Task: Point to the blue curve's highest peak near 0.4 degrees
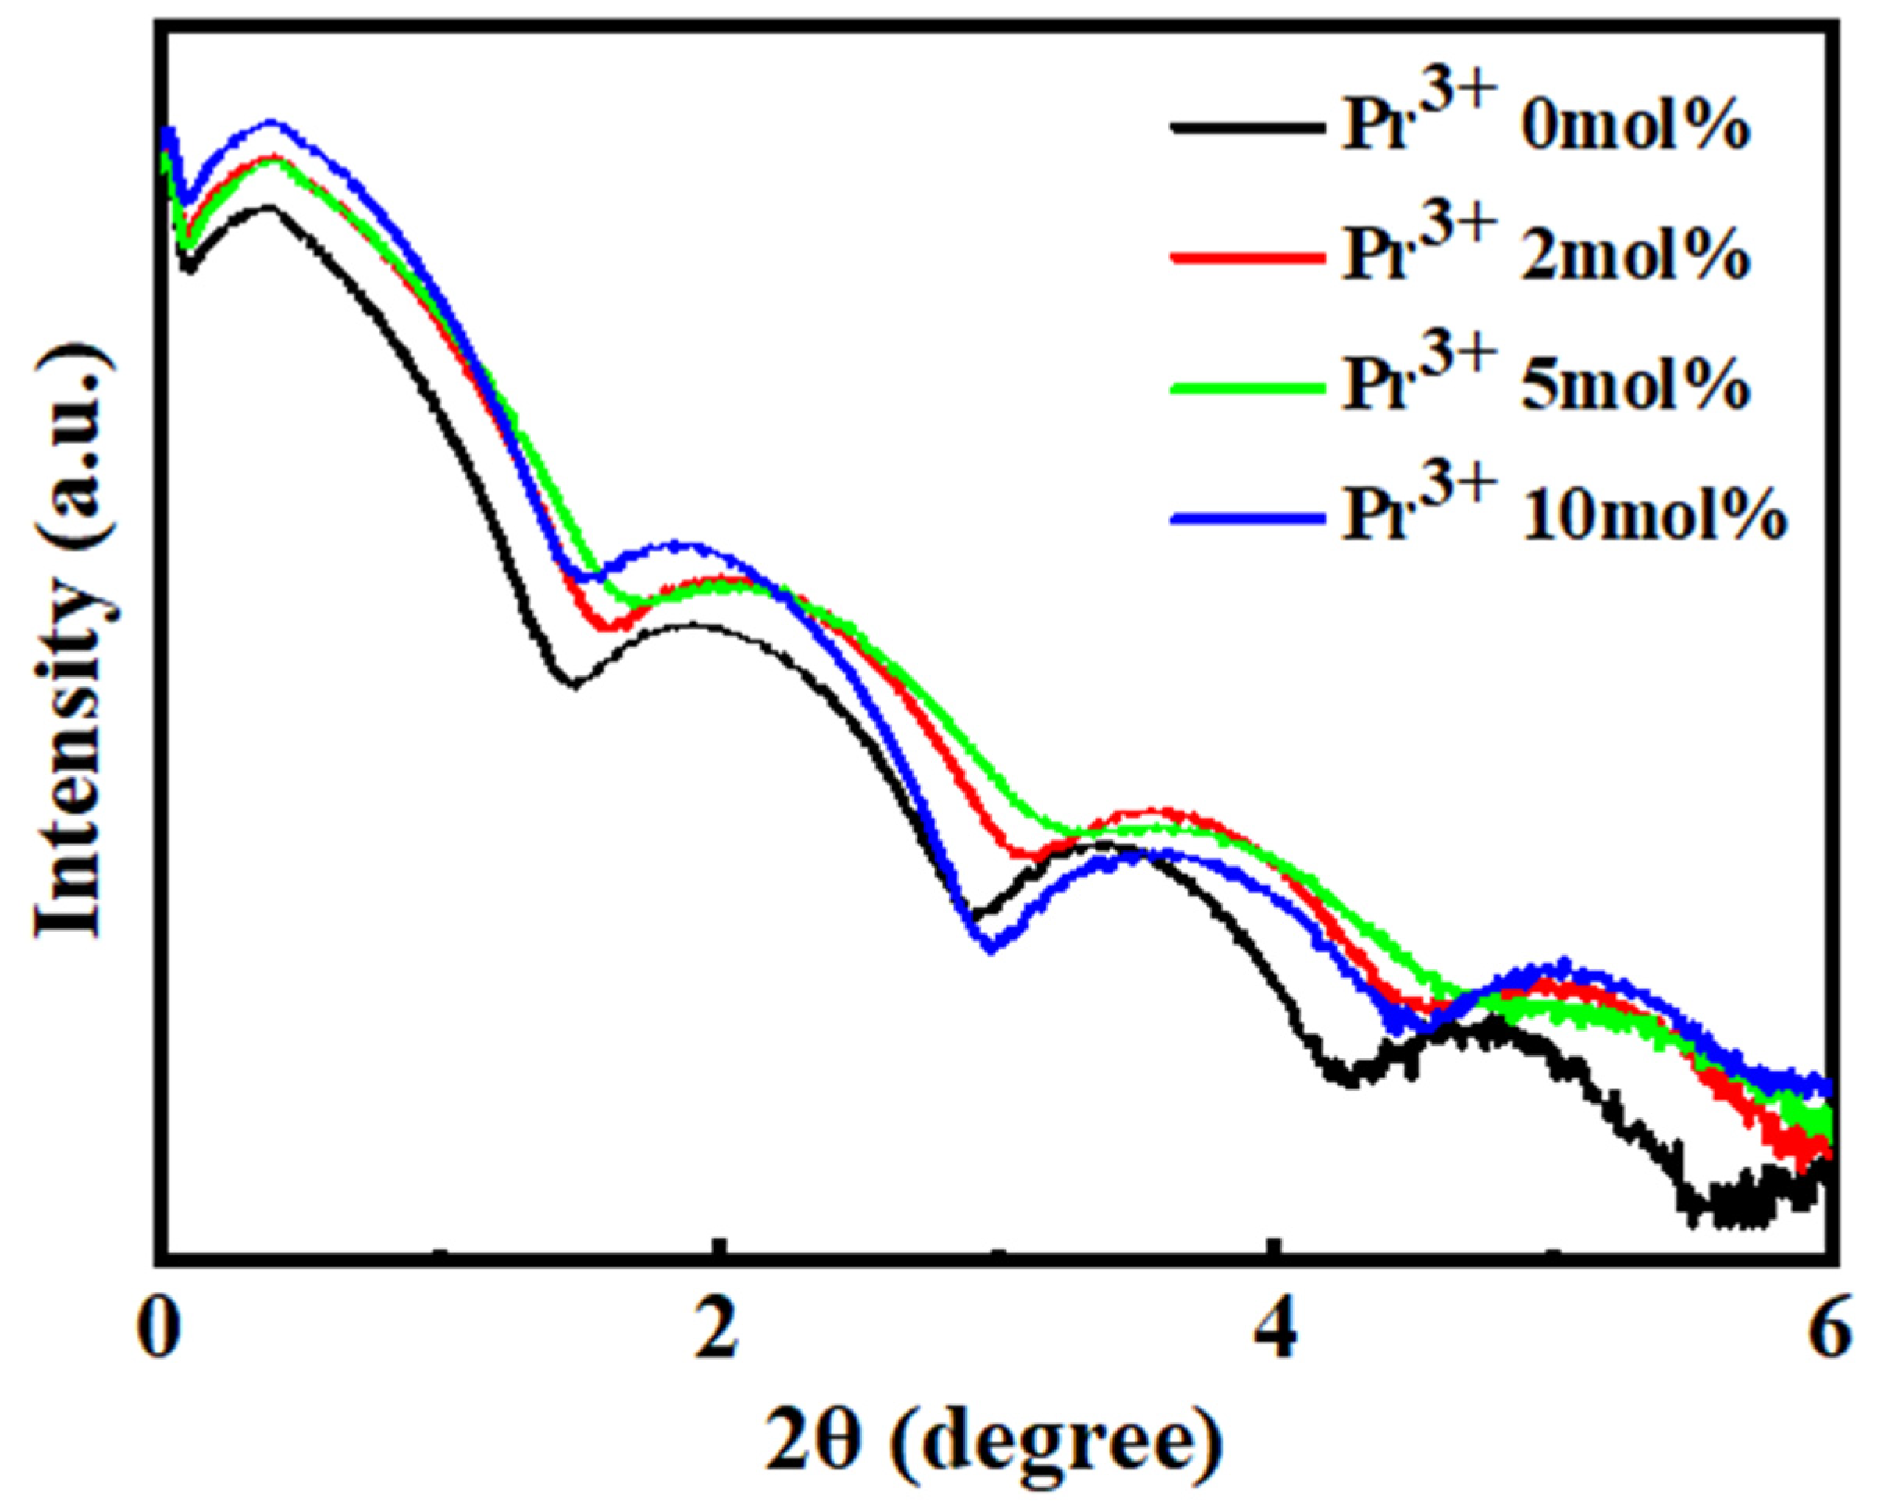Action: click(x=272, y=123)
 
